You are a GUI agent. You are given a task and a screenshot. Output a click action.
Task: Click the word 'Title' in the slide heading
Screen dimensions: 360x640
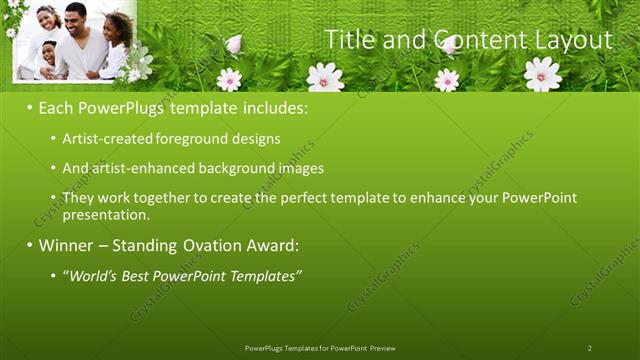point(349,39)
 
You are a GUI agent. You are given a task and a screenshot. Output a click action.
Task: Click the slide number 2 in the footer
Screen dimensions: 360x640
point(590,348)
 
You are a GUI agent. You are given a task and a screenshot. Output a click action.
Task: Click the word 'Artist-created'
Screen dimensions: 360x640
point(106,139)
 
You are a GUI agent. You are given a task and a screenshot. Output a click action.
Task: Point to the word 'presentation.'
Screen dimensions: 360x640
point(106,215)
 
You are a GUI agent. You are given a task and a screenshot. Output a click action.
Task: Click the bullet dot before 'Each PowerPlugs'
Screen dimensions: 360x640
point(30,106)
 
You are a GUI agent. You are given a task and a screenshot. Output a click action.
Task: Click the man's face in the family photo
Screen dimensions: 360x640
point(76,17)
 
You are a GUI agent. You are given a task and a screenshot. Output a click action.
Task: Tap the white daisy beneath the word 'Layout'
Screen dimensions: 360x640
point(542,73)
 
